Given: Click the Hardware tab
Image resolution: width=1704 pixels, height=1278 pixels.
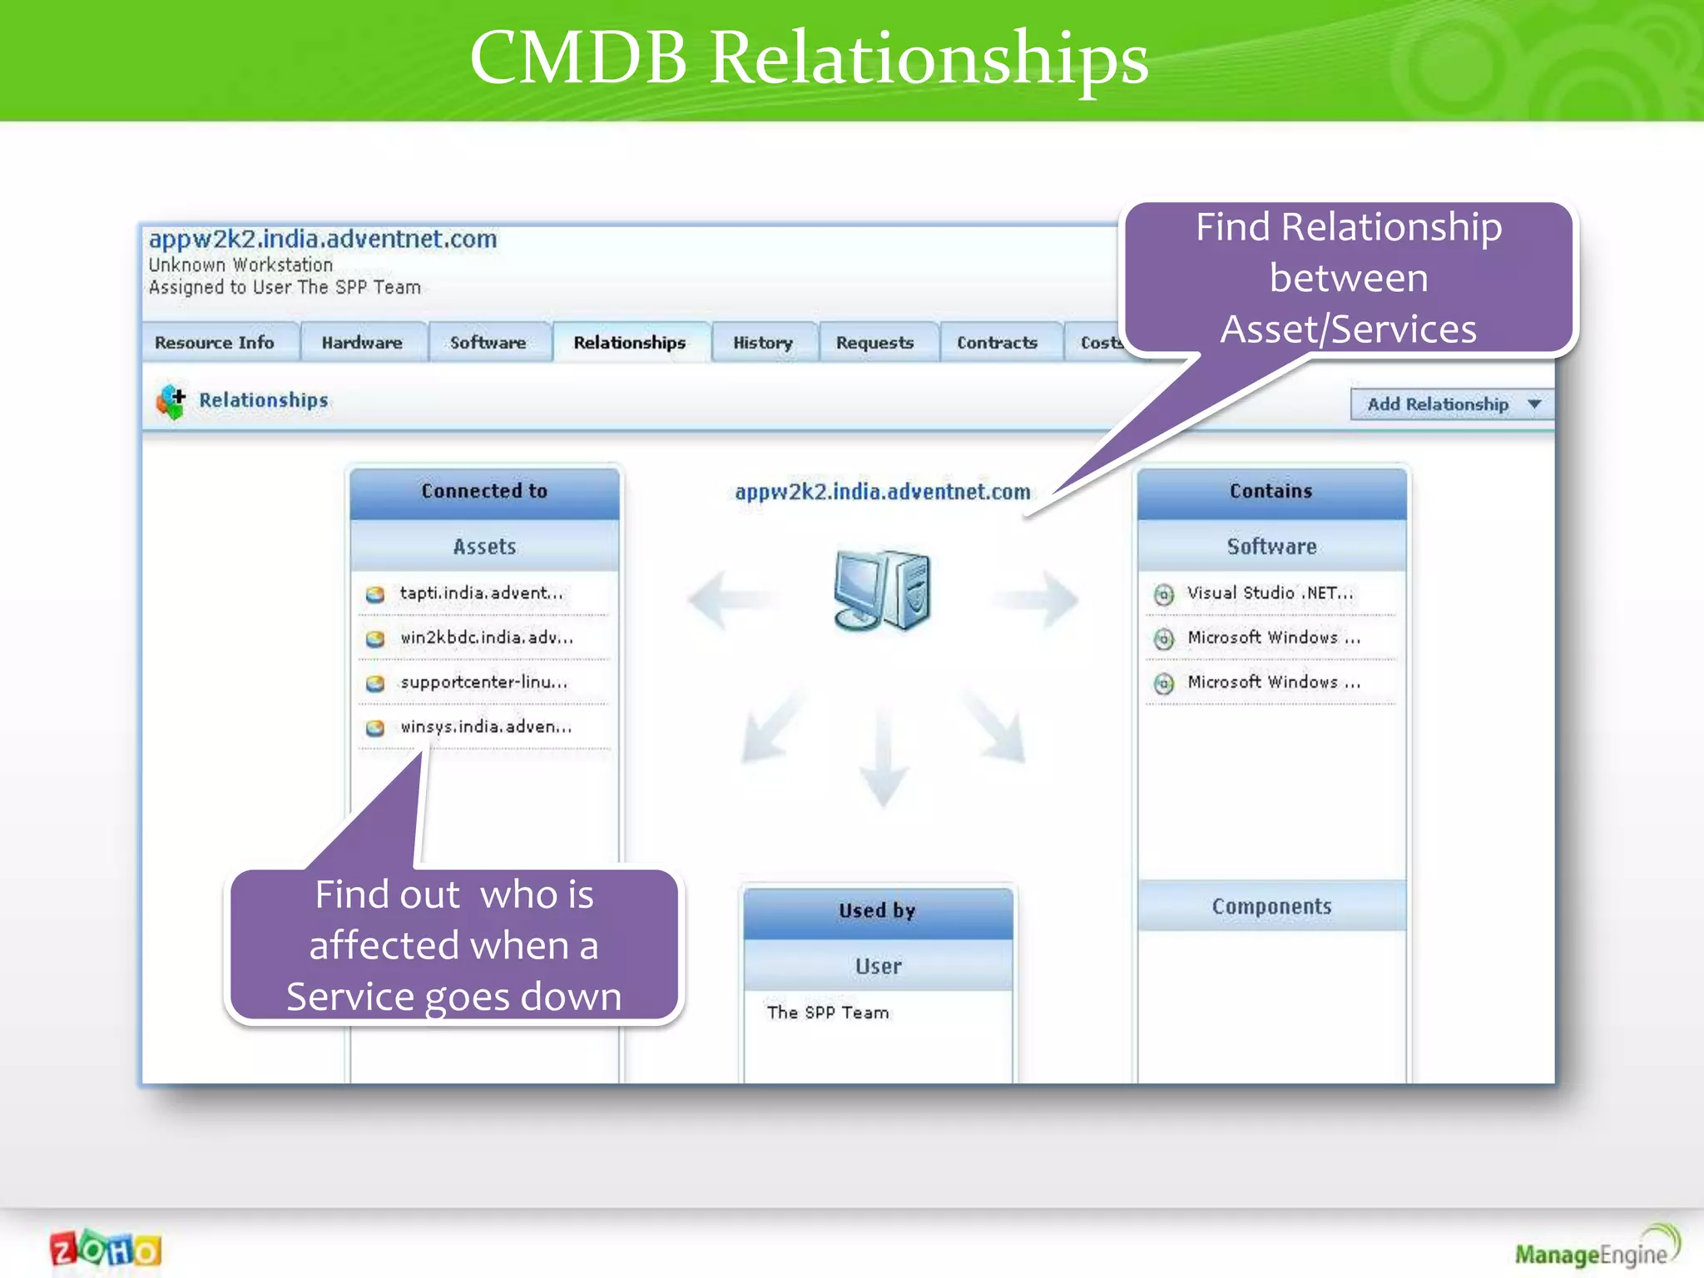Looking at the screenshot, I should (x=362, y=343).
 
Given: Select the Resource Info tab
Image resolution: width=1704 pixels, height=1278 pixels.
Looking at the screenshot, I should (x=215, y=343).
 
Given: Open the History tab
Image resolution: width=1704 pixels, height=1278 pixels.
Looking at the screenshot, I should (x=763, y=343).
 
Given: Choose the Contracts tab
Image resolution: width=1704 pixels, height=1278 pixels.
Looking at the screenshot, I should (x=997, y=343).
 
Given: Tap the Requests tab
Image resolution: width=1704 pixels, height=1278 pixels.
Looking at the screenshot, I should (x=874, y=343).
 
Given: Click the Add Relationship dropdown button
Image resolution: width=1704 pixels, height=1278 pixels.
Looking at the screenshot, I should (x=1451, y=404).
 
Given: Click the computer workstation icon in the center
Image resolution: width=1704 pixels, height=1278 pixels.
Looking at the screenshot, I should (x=882, y=591).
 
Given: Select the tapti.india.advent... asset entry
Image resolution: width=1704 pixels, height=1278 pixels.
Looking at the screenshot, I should (x=481, y=593).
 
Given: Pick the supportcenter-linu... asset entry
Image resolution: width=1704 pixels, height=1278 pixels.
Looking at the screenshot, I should (x=483, y=682).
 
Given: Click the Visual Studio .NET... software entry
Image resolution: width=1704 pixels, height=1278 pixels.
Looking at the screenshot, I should (x=1270, y=593).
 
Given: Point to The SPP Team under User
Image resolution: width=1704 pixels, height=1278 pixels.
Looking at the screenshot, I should (x=828, y=1013).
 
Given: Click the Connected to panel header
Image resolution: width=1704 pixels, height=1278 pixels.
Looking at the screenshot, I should (x=484, y=491).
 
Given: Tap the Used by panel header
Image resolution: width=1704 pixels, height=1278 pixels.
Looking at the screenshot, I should (x=878, y=911).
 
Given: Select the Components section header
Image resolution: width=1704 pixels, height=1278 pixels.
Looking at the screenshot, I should (x=1271, y=906).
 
